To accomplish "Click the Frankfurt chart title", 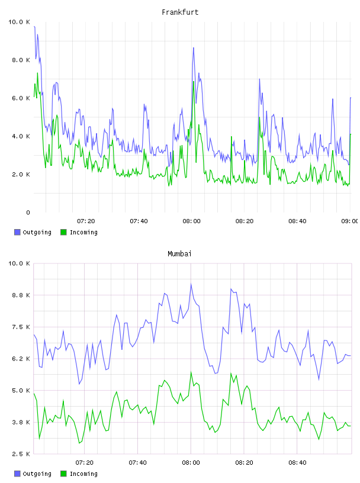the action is pos(180,12).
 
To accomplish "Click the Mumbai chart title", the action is pos(179,254).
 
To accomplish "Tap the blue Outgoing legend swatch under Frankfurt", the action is pos(17,232).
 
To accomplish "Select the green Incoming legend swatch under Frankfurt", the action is pos(63,232).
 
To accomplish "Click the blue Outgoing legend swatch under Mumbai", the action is pos(17,474).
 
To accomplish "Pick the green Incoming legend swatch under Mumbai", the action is pos(63,474).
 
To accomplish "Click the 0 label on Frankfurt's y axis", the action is pos(28,212).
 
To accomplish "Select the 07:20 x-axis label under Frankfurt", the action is pos(86,221).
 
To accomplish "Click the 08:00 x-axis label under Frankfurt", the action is pos(191,221).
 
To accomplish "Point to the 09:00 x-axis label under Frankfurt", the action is pos(350,221).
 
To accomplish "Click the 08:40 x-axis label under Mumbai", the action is pos(297,463).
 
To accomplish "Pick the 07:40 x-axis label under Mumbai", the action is pos(138,463).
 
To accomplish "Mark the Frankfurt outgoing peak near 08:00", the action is pos(194,48).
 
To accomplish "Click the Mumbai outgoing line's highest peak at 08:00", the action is pos(191,284).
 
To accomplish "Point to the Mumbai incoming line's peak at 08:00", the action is pos(191,372).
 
